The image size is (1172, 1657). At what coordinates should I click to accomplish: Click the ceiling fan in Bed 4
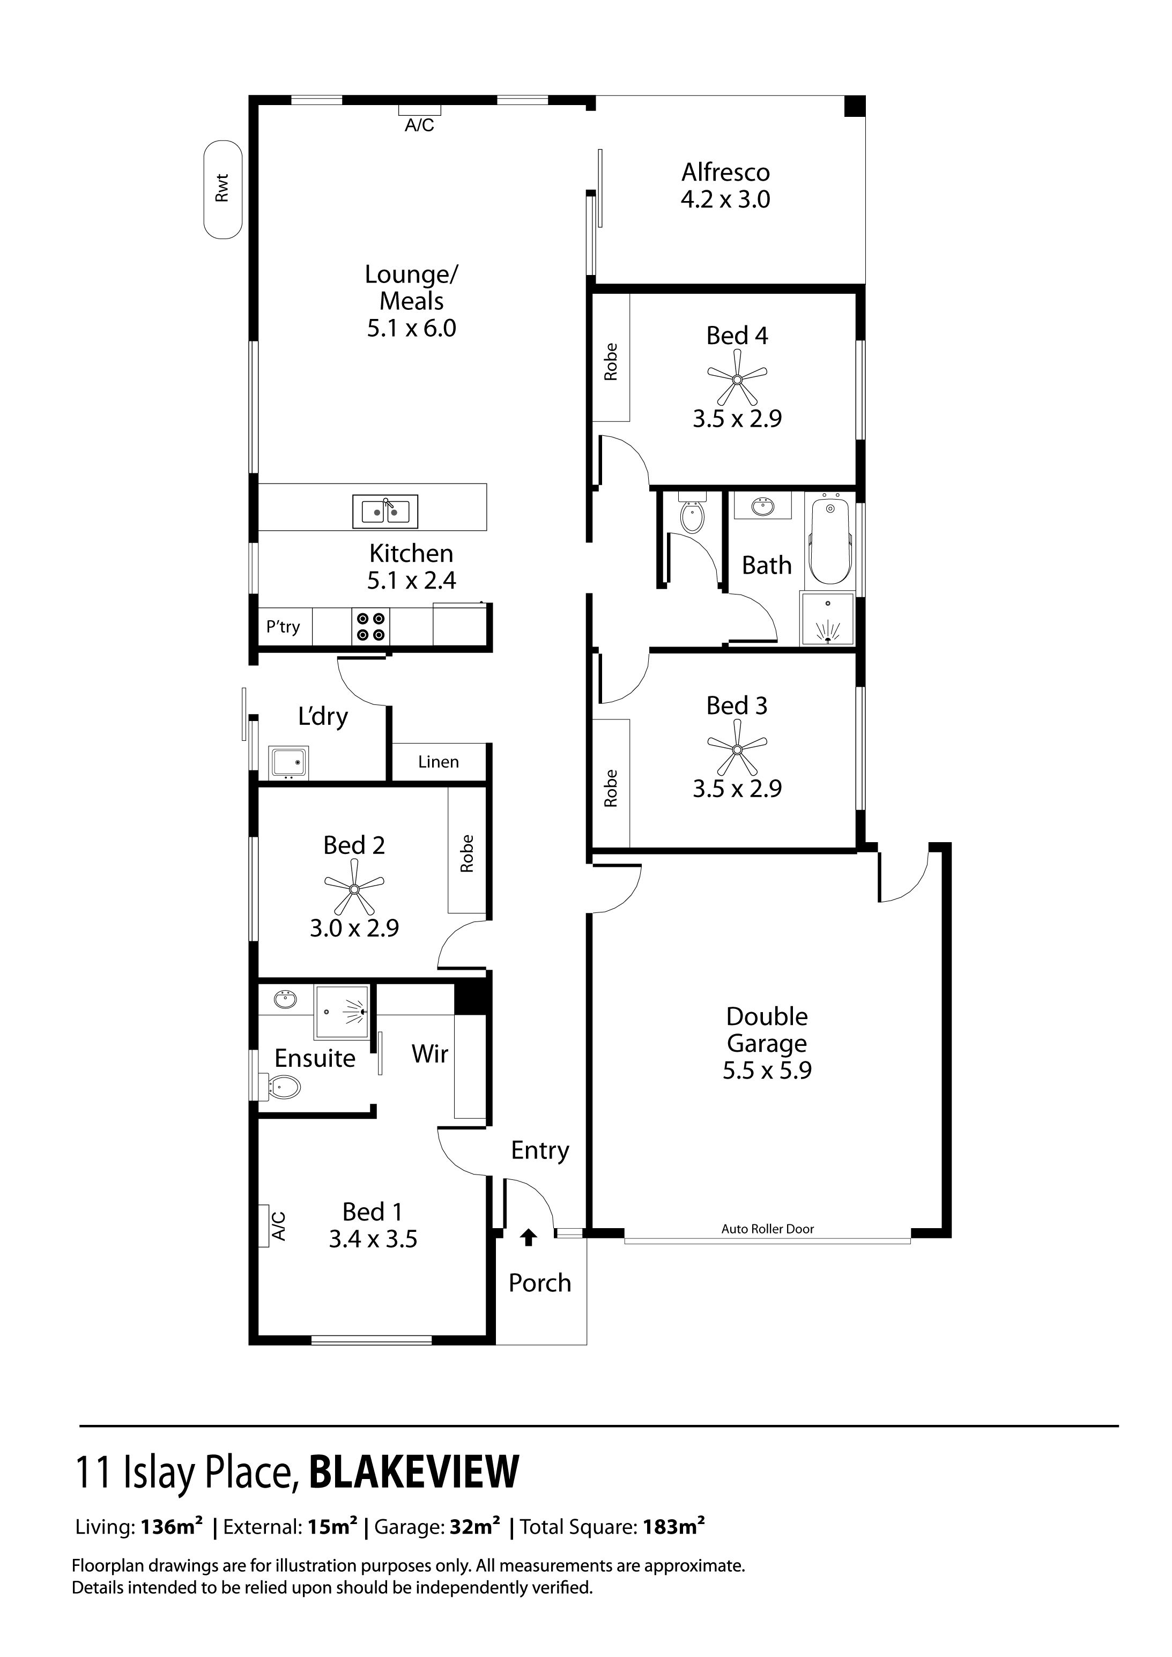click(737, 378)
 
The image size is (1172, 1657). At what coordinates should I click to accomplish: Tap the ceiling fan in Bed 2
click(354, 888)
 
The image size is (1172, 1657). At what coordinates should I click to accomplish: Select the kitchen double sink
click(384, 511)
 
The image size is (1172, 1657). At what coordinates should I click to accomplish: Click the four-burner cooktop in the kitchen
click(370, 627)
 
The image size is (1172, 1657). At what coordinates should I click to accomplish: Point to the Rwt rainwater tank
click(222, 189)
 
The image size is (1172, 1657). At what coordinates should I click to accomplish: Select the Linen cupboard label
click(438, 762)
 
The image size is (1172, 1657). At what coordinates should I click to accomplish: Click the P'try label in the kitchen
click(283, 627)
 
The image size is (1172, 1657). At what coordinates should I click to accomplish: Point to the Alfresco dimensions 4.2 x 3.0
click(725, 199)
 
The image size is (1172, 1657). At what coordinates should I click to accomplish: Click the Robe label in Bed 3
click(611, 788)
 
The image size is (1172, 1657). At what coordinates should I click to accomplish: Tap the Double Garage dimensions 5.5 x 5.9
click(767, 1070)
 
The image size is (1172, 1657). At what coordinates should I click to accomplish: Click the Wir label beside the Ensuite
click(430, 1054)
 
